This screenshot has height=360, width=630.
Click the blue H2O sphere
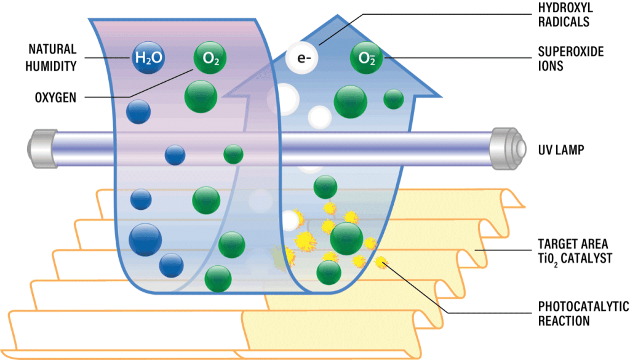pos(148,58)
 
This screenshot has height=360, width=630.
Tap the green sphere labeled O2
pos(210,58)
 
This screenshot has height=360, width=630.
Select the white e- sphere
pos(301,58)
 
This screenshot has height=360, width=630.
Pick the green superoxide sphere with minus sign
pos(366,58)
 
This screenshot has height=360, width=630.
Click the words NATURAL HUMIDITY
pos(51,57)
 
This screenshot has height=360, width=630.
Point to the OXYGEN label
pos(55,98)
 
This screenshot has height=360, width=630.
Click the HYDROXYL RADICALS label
pos(565,15)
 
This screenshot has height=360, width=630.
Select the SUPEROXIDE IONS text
pos(571,58)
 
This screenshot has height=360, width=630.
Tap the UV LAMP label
pos(561,150)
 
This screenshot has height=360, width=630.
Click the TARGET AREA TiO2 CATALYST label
pos(575,252)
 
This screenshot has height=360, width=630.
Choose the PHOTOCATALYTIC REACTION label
pos(583,314)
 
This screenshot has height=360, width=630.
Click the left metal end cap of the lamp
pos(42,149)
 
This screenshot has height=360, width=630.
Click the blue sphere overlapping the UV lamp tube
pos(175,155)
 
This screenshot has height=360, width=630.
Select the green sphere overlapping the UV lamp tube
pos(233,154)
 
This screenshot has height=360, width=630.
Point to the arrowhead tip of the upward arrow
pos(337,15)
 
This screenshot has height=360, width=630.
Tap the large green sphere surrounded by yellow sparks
pos(346,238)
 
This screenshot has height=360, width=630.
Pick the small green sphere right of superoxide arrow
pos(393,99)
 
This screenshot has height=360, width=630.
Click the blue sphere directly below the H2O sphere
pos(138,111)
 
